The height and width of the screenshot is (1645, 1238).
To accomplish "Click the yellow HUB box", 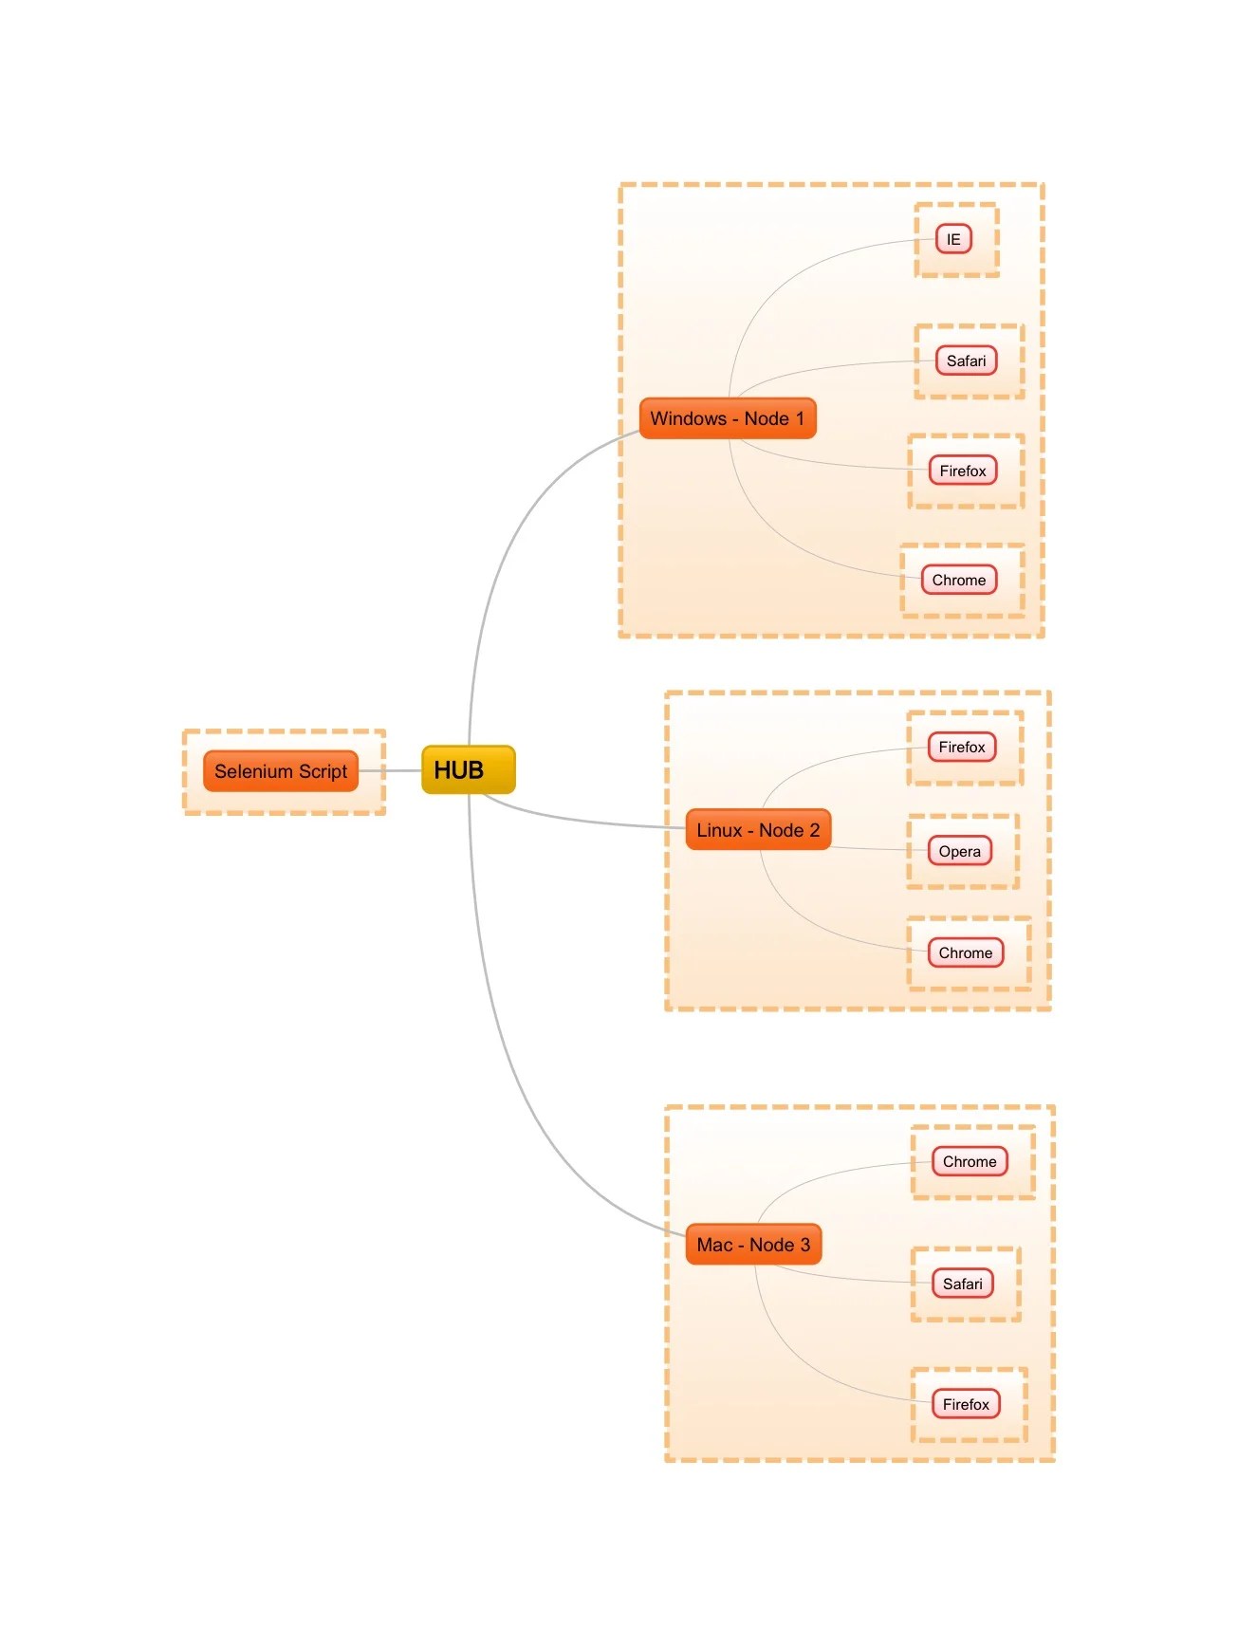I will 468,769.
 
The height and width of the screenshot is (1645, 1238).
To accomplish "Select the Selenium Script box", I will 281,771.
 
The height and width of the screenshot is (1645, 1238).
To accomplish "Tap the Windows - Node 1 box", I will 728,418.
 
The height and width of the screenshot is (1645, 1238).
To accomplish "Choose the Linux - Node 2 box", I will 758,830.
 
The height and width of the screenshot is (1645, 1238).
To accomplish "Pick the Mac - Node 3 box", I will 753,1245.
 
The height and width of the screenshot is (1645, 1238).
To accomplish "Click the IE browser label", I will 953,239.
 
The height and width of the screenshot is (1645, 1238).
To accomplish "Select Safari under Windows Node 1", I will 966,360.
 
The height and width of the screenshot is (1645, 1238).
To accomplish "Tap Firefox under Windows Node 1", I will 963,471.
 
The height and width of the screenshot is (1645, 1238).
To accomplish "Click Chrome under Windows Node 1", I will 959,580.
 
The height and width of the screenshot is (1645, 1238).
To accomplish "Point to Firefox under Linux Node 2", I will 962,748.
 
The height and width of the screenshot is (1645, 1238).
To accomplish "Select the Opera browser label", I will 960,851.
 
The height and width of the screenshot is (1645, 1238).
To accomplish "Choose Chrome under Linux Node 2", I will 966,952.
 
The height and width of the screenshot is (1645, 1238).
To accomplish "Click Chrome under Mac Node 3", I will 970,1161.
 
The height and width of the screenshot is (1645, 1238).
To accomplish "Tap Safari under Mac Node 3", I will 963,1284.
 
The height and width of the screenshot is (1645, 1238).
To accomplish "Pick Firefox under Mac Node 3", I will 966,1404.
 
